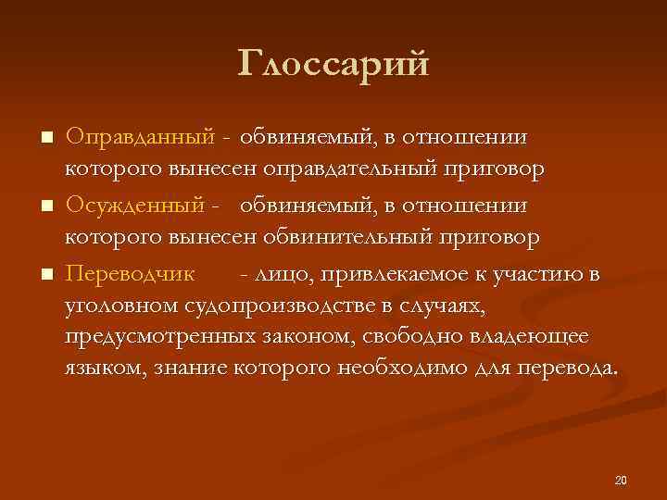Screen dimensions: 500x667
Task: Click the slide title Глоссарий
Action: click(333, 64)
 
